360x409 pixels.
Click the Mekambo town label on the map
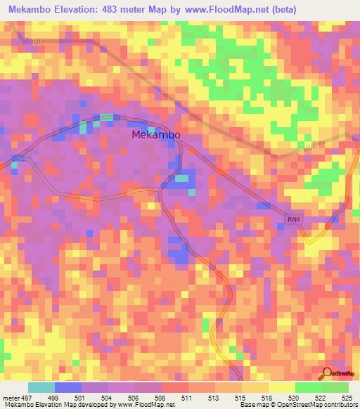tap(156, 135)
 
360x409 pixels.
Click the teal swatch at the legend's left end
tap(41, 387)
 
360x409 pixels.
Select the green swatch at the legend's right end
tap(335, 387)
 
